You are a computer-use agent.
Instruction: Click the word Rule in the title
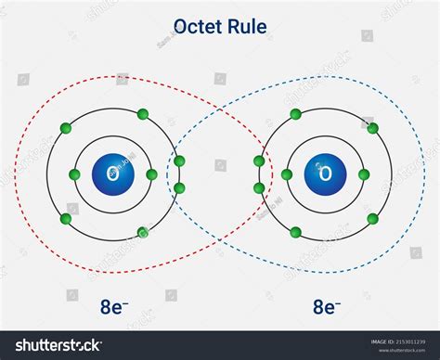coord(248,27)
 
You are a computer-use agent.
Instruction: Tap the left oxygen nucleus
coord(112,174)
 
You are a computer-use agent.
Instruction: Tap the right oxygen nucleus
coord(325,174)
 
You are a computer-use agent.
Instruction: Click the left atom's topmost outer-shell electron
coord(142,114)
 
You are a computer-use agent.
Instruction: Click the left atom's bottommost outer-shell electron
coord(142,232)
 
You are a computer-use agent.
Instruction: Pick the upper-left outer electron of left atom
coord(66,128)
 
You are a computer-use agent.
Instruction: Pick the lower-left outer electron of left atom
coord(66,219)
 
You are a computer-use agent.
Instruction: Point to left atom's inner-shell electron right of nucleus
coord(151,174)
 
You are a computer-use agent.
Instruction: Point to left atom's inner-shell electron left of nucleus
coord(73,174)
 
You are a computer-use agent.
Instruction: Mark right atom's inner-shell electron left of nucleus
coord(286,174)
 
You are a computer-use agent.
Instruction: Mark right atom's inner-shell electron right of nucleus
coord(364,174)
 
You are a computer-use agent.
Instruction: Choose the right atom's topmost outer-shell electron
coord(295,114)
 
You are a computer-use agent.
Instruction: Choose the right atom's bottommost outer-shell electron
coord(295,232)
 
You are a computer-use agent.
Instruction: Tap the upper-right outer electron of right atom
coord(371,128)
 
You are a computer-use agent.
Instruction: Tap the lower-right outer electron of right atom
coord(371,219)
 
